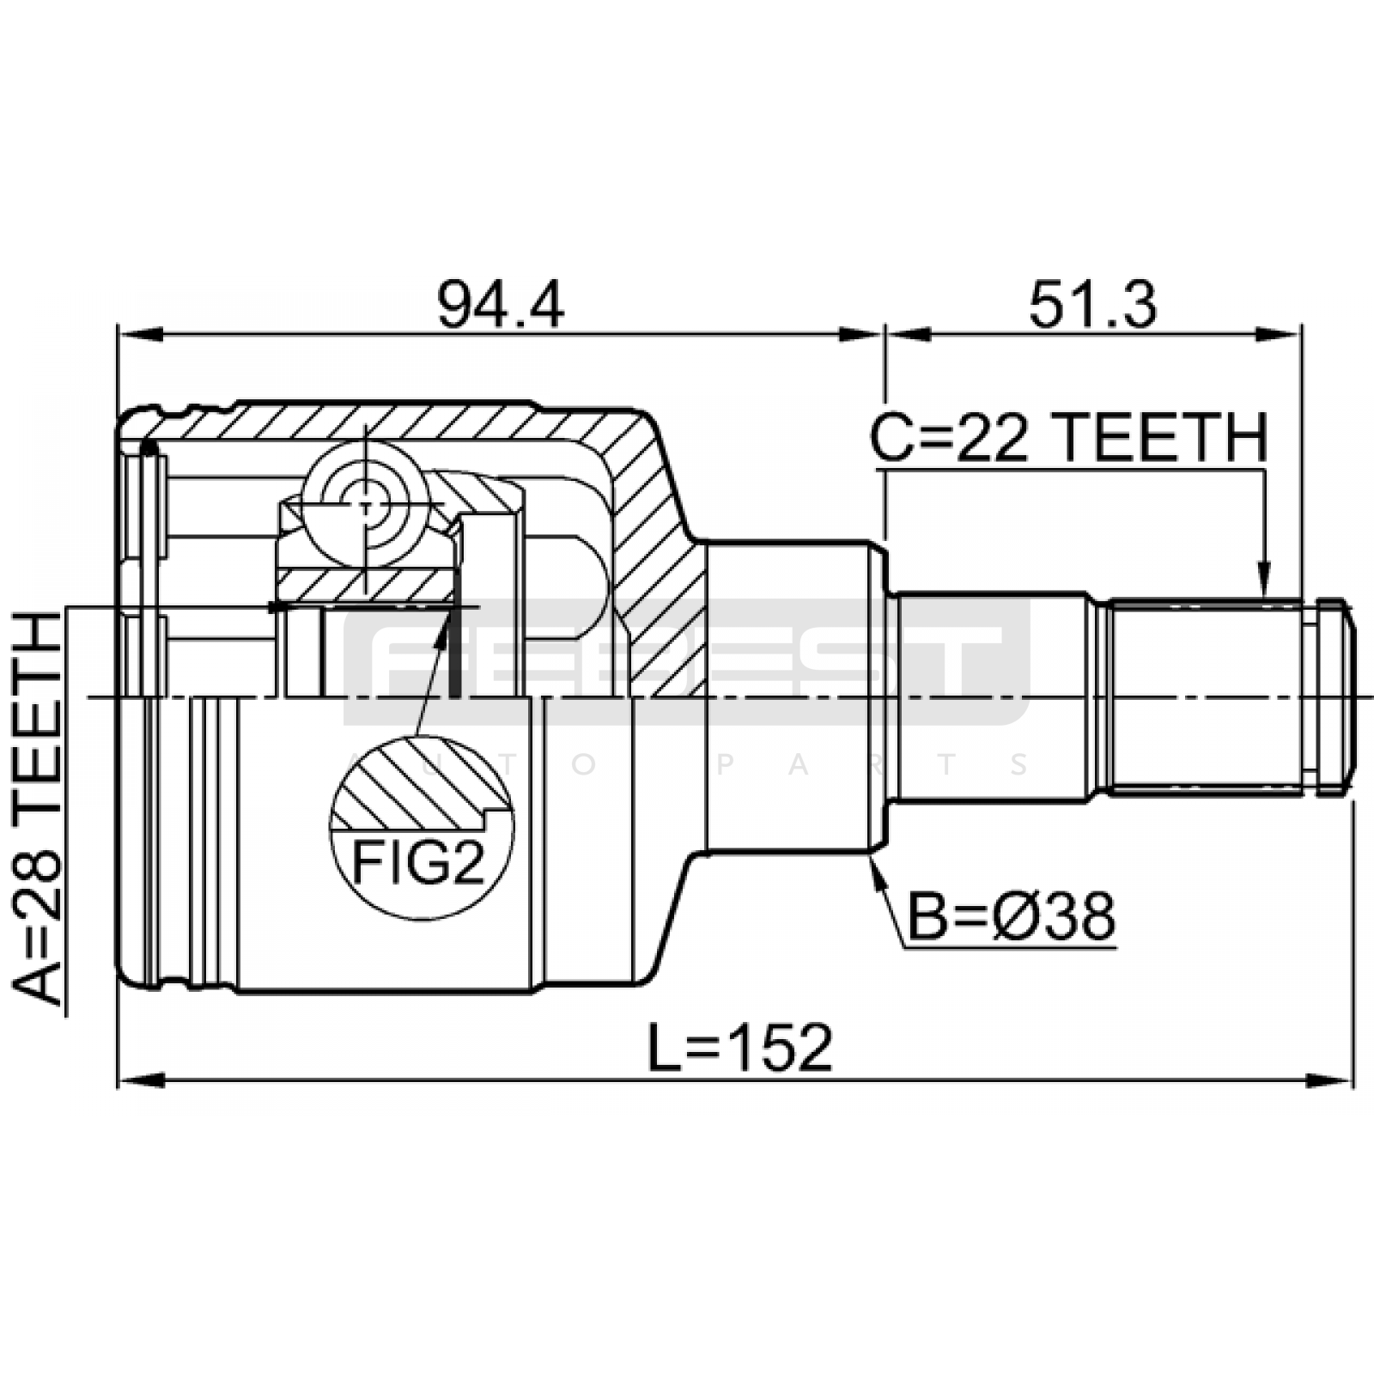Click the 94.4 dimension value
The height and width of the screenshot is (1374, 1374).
click(501, 305)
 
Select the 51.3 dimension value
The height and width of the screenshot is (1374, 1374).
click(1093, 305)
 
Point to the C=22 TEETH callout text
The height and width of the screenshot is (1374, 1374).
click(1068, 437)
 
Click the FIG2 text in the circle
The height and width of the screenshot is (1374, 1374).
click(419, 863)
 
